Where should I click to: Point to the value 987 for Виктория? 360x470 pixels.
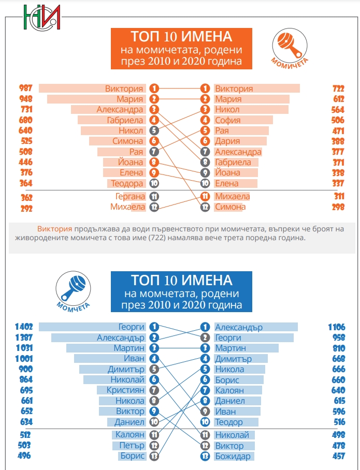pyautogui.click(x=25, y=89)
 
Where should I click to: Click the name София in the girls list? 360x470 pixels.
pyautogui.click(x=227, y=120)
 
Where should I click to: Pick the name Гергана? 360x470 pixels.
pyautogui.click(x=129, y=197)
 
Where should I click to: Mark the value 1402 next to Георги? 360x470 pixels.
pyautogui.click(x=24, y=327)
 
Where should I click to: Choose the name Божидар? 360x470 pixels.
pyautogui.click(x=233, y=456)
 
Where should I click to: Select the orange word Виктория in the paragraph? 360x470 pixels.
pyautogui.click(x=54, y=228)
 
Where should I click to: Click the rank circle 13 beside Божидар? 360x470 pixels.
pyautogui.click(x=205, y=456)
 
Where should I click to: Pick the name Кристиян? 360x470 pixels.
pyautogui.click(x=125, y=390)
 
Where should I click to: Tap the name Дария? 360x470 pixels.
pyautogui.click(x=227, y=141)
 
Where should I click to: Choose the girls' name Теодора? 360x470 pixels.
pyautogui.click(x=127, y=183)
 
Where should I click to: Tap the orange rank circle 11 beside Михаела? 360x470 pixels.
pyautogui.click(x=205, y=197)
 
